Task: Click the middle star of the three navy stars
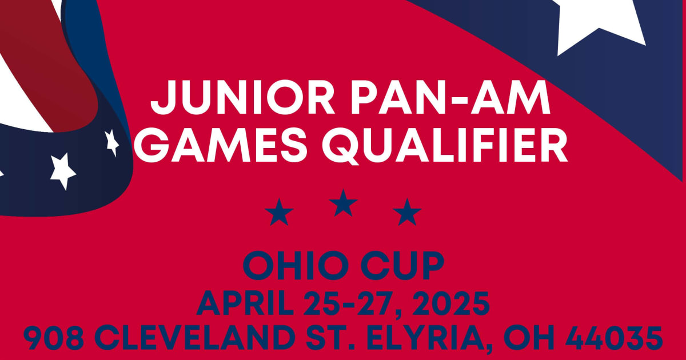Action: point(343,203)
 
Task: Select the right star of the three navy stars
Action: point(407,213)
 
